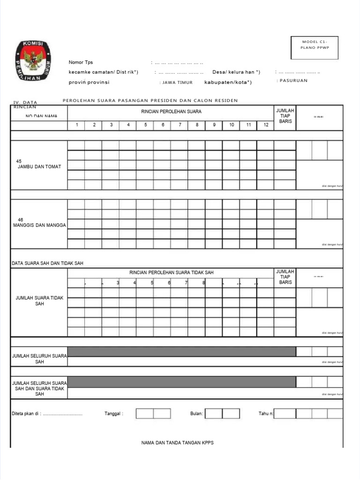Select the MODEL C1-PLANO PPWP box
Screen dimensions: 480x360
tap(314, 47)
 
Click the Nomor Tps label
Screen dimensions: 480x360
tap(81, 62)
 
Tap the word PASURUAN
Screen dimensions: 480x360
tap(293, 81)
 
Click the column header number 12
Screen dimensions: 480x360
tap(266, 125)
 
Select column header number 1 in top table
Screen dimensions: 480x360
tap(76, 125)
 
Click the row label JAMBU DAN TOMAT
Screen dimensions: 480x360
tap(39, 167)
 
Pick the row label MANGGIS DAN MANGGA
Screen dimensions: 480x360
tap(39, 225)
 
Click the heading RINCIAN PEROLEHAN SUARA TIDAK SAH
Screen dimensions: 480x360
tap(171, 273)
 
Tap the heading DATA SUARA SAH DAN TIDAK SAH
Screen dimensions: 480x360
tap(47, 263)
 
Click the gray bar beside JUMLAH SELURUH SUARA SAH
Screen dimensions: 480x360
tap(181, 352)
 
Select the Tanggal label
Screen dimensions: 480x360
tap(113, 414)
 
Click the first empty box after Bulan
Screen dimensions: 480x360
tap(213, 413)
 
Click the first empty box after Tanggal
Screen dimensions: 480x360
tap(144, 413)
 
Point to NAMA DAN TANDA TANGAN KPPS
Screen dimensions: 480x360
tap(177, 443)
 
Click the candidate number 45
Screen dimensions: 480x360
tap(19, 161)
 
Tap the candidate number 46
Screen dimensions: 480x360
tap(20, 219)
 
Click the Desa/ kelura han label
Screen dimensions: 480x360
tap(236, 72)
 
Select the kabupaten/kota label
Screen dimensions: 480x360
tap(227, 82)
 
